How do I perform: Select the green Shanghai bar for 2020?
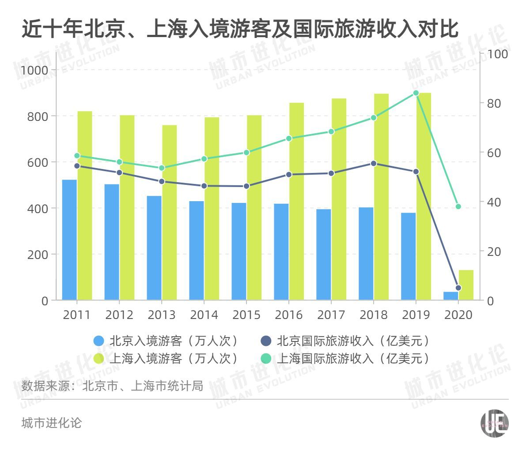point(466,285)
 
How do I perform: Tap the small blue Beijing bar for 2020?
point(450,296)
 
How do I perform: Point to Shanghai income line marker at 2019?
point(416,93)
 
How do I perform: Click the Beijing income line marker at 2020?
point(458,288)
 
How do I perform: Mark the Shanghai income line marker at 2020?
point(458,206)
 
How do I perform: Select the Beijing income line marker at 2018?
point(374,163)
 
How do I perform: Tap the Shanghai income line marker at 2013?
point(162,168)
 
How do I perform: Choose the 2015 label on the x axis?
point(246,315)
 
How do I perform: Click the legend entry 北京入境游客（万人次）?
point(167,341)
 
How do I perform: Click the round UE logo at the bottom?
point(494,424)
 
